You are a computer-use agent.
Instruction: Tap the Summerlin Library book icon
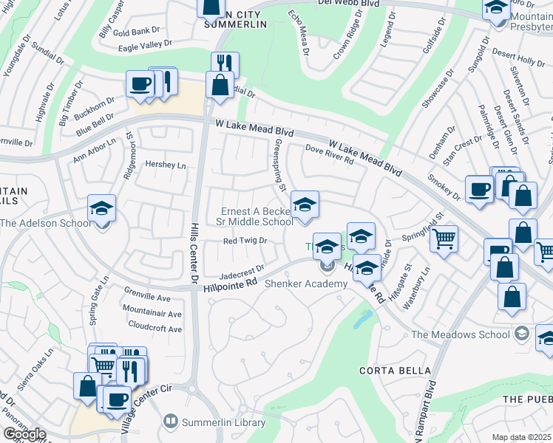point(171,422)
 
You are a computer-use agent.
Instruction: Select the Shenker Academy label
point(305,284)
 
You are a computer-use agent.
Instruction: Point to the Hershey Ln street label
point(166,165)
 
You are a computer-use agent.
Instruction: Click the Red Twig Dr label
point(245,241)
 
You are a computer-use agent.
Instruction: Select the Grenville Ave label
point(147,299)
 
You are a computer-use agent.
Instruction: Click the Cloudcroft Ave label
point(155,325)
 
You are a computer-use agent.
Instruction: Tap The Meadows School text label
point(461,334)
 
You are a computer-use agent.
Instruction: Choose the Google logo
point(24,434)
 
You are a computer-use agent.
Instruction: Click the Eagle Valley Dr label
point(150,46)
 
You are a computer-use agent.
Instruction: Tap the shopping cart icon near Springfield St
point(444,238)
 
